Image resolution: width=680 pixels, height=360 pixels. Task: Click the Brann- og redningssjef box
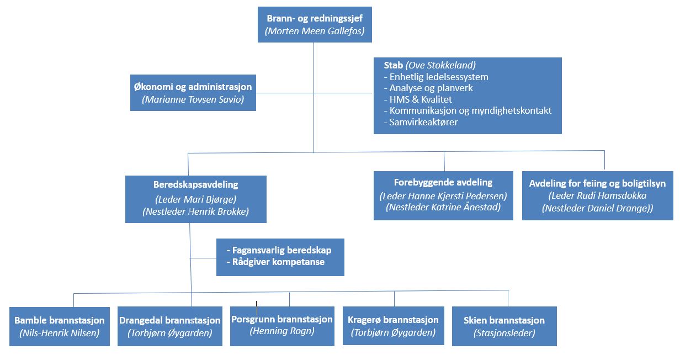click(x=315, y=25)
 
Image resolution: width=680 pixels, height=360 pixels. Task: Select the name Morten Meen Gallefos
click(x=315, y=31)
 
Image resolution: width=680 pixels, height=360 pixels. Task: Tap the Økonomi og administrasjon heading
click(x=193, y=87)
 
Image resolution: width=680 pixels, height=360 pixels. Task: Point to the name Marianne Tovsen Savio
click(x=193, y=99)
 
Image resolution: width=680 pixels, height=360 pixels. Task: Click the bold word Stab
click(x=393, y=65)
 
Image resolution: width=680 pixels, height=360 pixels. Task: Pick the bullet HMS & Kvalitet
click(x=418, y=99)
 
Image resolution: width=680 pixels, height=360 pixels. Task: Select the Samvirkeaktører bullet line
click(x=421, y=122)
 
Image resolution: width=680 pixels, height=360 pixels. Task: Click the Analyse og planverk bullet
click(x=428, y=88)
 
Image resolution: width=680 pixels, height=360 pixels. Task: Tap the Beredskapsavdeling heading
click(x=196, y=184)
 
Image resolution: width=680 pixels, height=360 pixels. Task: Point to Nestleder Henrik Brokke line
click(x=196, y=211)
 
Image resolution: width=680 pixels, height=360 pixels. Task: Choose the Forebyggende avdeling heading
click(x=443, y=183)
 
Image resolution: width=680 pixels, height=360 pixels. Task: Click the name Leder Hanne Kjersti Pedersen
click(x=443, y=196)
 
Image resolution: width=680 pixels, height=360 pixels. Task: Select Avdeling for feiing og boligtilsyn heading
click(x=597, y=183)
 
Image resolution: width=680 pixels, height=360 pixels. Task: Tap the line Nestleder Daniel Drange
click(x=597, y=208)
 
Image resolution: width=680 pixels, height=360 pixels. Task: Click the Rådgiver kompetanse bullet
click(x=275, y=262)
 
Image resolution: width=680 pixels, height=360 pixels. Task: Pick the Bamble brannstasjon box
click(x=60, y=326)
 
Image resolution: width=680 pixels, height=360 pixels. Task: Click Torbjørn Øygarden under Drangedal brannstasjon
click(x=169, y=333)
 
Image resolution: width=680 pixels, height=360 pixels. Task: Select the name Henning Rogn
click(x=282, y=331)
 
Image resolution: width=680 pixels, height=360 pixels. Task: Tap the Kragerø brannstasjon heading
click(x=393, y=320)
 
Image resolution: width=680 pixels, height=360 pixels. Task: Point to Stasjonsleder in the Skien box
click(x=504, y=333)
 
